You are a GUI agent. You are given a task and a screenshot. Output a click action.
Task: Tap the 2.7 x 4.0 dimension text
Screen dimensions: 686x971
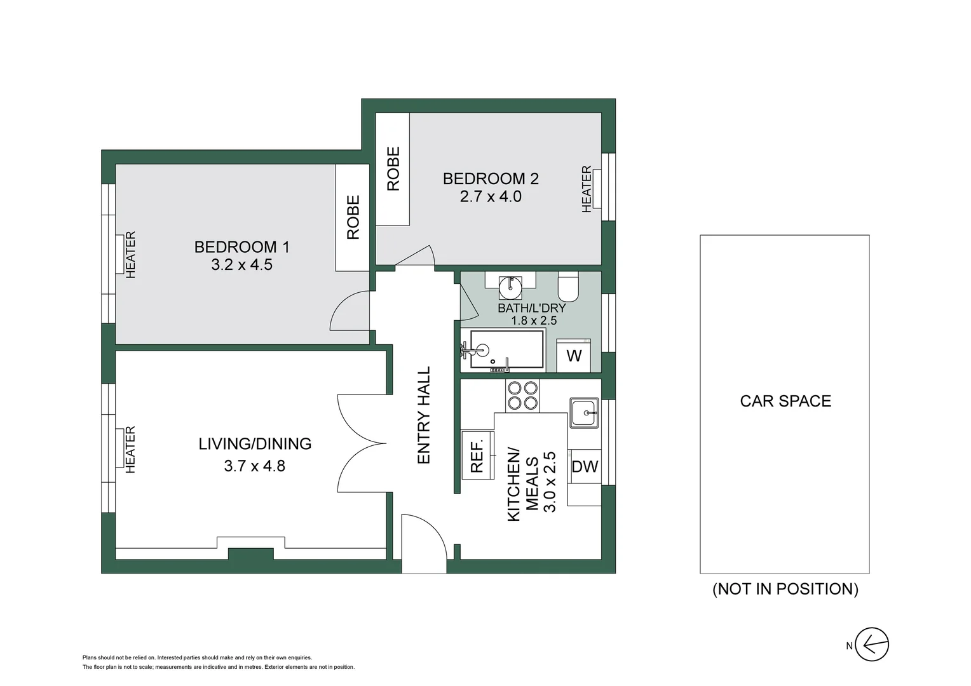[x=491, y=197]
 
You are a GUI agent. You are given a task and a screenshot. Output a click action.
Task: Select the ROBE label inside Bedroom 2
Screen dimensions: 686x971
[x=393, y=168]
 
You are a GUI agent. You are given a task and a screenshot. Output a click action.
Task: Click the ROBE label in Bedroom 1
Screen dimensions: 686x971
[x=353, y=217]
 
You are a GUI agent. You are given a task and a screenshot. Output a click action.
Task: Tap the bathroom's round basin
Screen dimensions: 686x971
[x=510, y=287]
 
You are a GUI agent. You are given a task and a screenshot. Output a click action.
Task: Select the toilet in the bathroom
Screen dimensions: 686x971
[x=568, y=286]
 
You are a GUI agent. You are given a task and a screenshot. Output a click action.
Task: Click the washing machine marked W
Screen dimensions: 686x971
[x=574, y=356]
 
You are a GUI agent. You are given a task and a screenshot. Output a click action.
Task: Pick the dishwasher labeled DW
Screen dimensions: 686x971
[x=585, y=467]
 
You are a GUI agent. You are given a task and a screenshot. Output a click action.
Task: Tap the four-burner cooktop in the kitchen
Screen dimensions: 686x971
[x=522, y=395]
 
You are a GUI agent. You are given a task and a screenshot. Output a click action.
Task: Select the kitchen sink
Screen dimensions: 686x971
[x=584, y=413]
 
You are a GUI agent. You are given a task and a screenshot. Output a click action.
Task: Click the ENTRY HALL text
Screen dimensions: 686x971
[x=424, y=415]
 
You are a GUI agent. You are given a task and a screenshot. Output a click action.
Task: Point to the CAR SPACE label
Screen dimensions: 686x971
[x=785, y=401]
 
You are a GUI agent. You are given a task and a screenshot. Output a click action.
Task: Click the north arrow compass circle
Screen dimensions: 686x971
[x=872, y=645]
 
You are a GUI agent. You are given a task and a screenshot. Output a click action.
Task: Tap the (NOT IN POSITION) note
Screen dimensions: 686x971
[x=785, y=589]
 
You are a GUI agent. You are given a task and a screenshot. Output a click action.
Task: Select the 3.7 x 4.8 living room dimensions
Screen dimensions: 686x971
[x=254, y=466]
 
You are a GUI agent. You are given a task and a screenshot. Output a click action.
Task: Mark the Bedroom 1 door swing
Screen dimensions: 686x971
[x=350, y=311]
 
